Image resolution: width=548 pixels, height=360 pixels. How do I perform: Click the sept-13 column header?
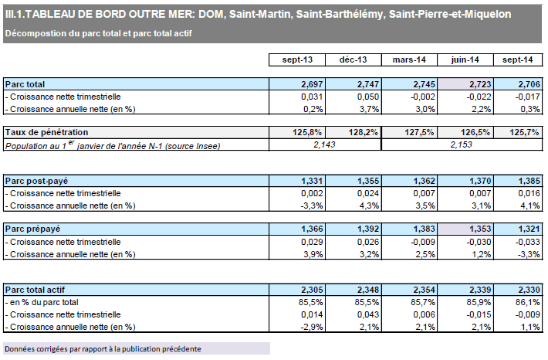pos(296,60)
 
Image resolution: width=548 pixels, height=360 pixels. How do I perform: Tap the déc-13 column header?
pos(353,60)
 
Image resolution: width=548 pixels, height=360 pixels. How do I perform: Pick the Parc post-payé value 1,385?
pos(521,180)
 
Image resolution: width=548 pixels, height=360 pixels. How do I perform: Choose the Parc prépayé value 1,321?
pos(521,229)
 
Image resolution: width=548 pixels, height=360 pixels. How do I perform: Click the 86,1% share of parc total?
pos(520,301)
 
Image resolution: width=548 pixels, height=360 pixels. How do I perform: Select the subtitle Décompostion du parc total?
pos(98,33)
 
